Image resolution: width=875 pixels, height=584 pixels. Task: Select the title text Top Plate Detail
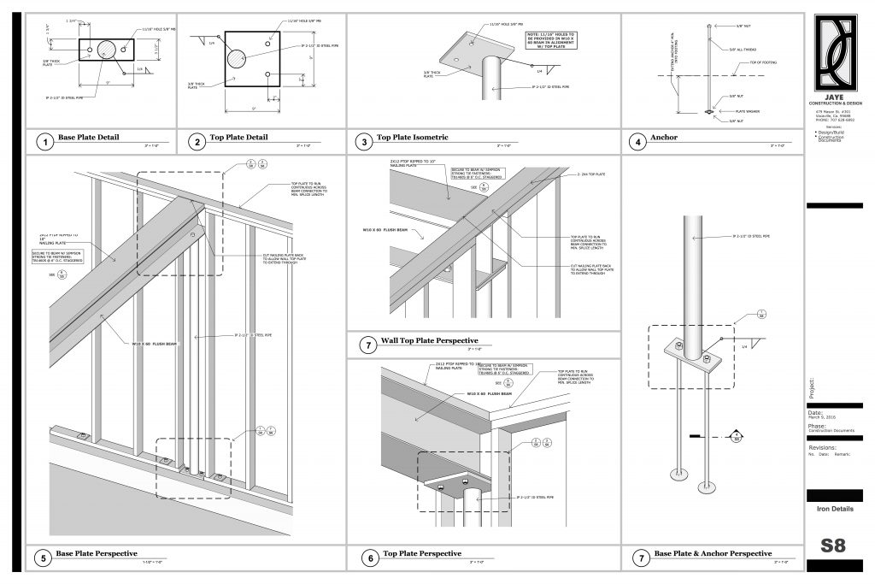tap(238, 138)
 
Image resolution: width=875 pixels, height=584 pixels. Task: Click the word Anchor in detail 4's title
tap(664, 138)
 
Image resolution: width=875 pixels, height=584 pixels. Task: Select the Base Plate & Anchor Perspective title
tap(712, 554)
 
